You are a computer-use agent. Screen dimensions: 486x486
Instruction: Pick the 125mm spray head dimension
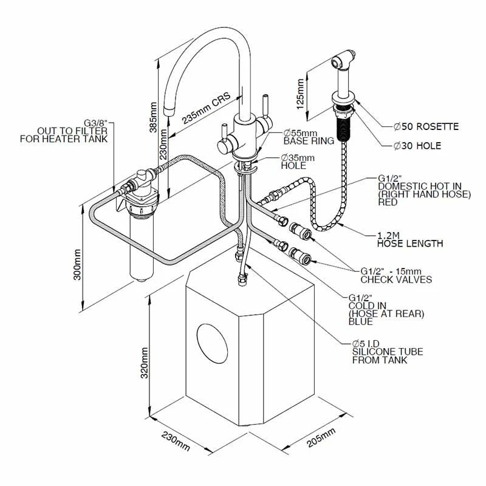click(x=298, y=94)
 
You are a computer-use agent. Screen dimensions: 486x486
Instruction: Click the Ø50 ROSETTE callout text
click(x=425, y=126)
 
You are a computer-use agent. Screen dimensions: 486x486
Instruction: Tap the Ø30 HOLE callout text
click(x=417, y=146)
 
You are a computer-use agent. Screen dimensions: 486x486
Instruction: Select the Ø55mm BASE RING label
click(x=309, y=137)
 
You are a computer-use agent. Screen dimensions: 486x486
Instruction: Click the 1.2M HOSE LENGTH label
click(x=409, y=239)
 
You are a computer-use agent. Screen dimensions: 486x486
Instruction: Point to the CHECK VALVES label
click(x=396, y=279)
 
